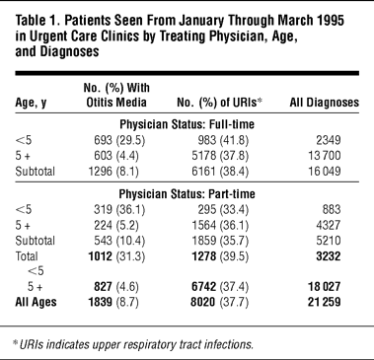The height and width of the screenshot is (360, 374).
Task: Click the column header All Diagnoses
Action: [324, 103]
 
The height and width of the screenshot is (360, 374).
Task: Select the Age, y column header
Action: [31, 103]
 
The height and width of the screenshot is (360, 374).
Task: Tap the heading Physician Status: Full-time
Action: [187, 124]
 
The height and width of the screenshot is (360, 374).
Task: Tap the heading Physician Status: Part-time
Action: [187, 194]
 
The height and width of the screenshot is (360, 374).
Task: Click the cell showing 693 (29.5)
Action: [119, 140]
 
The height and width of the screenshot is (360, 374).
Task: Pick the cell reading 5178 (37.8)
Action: [220, 156]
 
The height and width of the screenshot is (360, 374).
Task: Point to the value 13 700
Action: [324, 156]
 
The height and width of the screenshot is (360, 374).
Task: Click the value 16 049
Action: [324, 172]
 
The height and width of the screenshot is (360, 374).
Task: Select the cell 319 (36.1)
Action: [119, 210]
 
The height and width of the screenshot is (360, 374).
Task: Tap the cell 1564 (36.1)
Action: [220, 225]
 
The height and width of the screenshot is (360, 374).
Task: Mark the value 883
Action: [332, 210]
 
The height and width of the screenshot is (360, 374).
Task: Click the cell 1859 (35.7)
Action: [220, 241]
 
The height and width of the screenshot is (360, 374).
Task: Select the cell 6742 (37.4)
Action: [220, 287]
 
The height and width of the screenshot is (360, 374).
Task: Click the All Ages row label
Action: [36, 303]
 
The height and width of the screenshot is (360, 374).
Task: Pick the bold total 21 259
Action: [324, 302]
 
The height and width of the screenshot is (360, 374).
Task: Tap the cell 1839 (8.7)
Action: [113, 302]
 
